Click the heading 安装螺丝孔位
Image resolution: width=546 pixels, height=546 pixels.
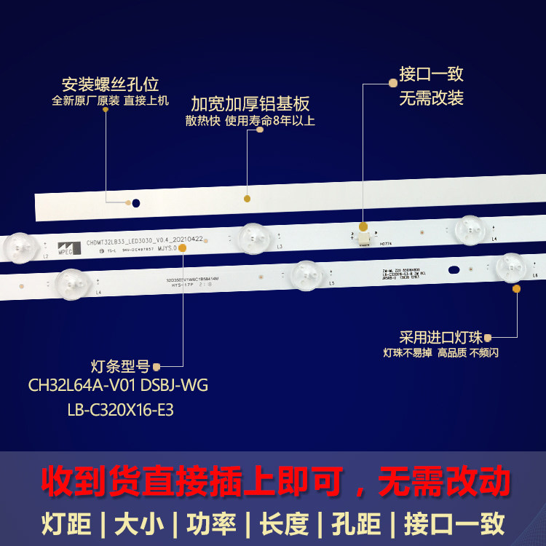[x=111, y=84]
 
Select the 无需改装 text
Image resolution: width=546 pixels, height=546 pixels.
[x=431, y=98]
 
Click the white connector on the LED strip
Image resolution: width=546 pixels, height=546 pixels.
[x=362, y=234]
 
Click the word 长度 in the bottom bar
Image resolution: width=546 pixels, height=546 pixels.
[x=281, y=523]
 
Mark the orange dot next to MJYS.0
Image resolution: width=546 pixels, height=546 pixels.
[x=182, y=248]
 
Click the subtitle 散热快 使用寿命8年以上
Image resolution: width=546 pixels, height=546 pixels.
[x=250, y=121]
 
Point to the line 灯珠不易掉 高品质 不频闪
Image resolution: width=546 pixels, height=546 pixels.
[x=440, y=353]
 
